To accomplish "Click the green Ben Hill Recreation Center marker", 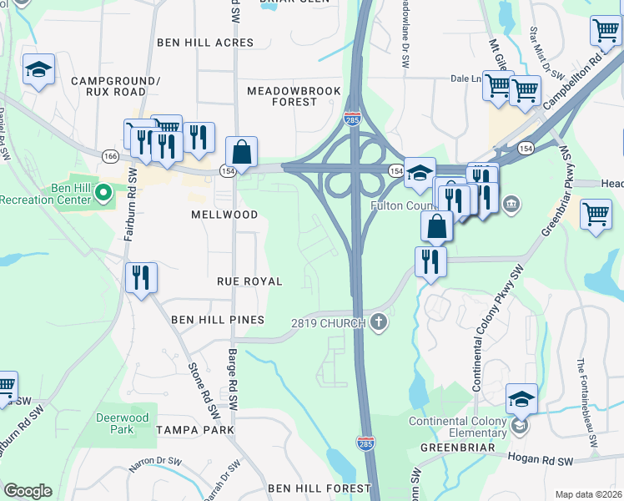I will (x=103, y=194).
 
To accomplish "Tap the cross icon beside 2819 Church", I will (x=380, y=322).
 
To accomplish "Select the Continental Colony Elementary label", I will (x=457, y=427).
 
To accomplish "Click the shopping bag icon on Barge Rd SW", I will (x=241, y=153).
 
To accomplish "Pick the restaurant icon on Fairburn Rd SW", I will (x=141, y=277).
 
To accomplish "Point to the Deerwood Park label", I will (x=122, y=423).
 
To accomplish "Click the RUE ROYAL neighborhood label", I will (x=249, y=281).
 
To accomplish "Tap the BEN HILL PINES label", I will (x=217, y=320).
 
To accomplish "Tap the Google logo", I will (x=28, y=491).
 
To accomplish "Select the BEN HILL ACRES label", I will (x=205, y=43).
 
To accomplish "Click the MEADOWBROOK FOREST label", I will (x=282, y=95).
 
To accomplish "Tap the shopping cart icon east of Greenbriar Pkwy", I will (x=596, y=215).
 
